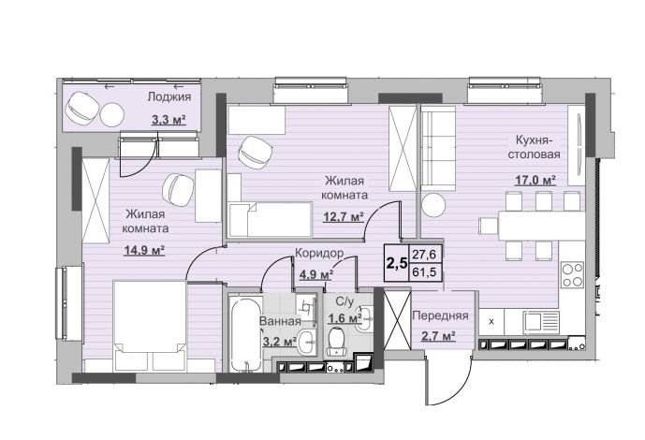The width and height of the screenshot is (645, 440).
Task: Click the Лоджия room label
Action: pyautogui.click(x=169, y=97)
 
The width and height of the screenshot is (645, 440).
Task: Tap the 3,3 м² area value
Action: pyautogui.click(x=169, y=120)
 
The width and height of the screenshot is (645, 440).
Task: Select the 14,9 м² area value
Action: pyautogui.click(x=144, y=250)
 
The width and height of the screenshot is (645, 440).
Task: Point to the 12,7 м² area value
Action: pyautogui.click(x=344, y=216)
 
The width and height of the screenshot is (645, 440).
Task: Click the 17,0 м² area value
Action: pyautogui.click(x=535, y=180)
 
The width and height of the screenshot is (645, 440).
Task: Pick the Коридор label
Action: pyautogui.click(x=319, y=254)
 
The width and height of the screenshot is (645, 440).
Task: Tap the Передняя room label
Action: pyautogui.click(x=440, y=315)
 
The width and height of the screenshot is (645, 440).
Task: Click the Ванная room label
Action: pyautogui.click(x=280, y=321)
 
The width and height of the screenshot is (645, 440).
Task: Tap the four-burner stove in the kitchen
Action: pyautogui.click(x=572, y=274)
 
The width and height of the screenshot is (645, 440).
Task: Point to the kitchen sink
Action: pyautogui.click(x=541, y=321)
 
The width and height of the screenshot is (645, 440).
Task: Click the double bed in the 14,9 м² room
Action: pyautogui.click(x=150, y=325)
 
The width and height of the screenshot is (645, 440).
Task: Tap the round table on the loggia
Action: pyautogui.click(x=112, y=114)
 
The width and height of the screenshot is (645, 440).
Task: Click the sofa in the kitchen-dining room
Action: pyautogui.click(x=438, y=149)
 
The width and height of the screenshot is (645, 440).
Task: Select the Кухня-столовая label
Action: pyautogui.click(x=534, y=147)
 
